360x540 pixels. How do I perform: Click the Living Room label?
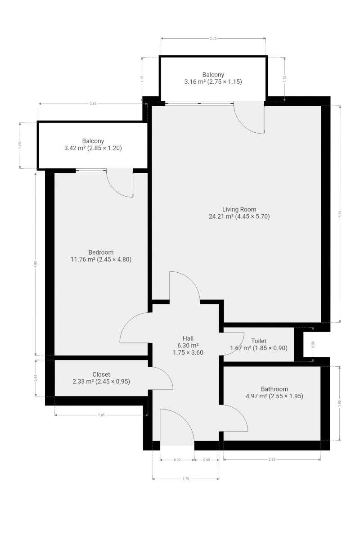tap(239, 209)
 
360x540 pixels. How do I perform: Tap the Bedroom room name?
tap(101, 252)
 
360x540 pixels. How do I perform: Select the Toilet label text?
tap(258, 341)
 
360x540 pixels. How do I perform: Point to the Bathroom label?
tap(274, 389)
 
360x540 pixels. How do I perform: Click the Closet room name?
tap(101, 374)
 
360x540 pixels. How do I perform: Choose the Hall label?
tap(188, 338)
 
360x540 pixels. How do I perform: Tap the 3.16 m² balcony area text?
tap(195, 82)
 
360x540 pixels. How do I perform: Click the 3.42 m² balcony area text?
tap(75, 148)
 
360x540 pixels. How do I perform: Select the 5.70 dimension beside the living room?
tap(340, 214)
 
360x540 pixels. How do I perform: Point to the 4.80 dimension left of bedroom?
tap(36, 264)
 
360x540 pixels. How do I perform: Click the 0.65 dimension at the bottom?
tap(207, 460)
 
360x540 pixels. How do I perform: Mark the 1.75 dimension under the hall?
tap(186, 479)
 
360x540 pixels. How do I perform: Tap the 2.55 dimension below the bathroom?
tap(272, 459)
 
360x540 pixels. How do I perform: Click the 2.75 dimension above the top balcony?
tap(213, 38)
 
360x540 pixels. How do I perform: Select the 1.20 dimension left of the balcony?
tap(20, 145)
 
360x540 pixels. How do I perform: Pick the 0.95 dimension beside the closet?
tap(36, 378)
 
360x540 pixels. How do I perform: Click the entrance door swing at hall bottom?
tap(184, 419)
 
